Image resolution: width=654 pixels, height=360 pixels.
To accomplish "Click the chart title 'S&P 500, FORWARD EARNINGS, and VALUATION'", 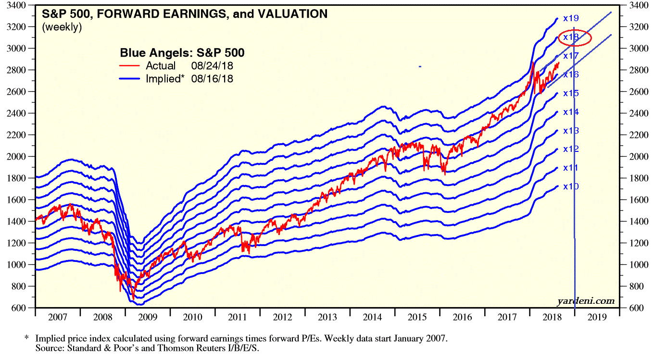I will click(185, 14).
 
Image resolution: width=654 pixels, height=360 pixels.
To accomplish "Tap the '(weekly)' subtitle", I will click(62, 27).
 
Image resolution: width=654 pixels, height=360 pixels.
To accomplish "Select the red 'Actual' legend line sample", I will click(129, 66).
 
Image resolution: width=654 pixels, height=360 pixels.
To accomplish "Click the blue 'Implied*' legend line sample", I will click(129, 78).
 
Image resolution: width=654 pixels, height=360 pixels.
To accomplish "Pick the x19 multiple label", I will click(570, 18).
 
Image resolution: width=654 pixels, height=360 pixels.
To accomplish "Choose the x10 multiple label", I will click(570, 186).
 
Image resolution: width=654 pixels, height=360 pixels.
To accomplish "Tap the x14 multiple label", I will click(570, 112).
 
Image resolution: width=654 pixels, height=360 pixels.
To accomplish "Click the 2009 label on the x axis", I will click(148, 318).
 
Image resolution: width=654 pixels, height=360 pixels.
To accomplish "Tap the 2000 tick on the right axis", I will click(635, 157).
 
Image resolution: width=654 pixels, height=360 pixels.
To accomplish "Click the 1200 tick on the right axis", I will click(635, 243).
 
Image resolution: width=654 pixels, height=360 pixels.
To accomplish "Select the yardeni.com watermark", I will click(586, 301).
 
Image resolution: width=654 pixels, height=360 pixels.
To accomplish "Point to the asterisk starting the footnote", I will click(26, 339).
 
